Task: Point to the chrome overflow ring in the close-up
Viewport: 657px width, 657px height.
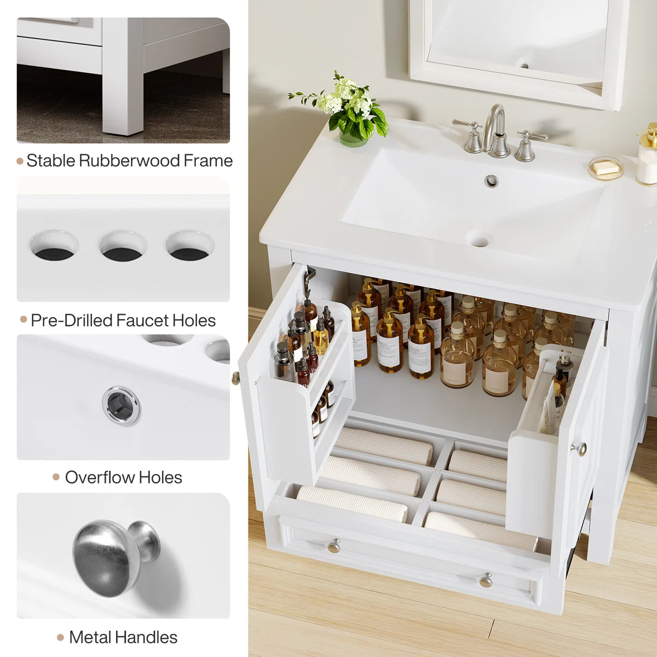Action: (121, 405)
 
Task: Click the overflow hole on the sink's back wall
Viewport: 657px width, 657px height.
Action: (491, 180)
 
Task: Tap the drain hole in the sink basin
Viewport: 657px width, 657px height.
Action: (480, 240)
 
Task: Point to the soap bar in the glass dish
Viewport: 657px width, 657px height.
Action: (606, 167)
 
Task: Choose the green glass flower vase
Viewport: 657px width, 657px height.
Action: (353, 137)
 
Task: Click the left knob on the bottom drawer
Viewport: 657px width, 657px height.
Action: (333, 545)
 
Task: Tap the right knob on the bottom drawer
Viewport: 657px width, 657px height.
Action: (486, 580)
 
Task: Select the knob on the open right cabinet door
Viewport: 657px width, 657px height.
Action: (580, 449)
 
